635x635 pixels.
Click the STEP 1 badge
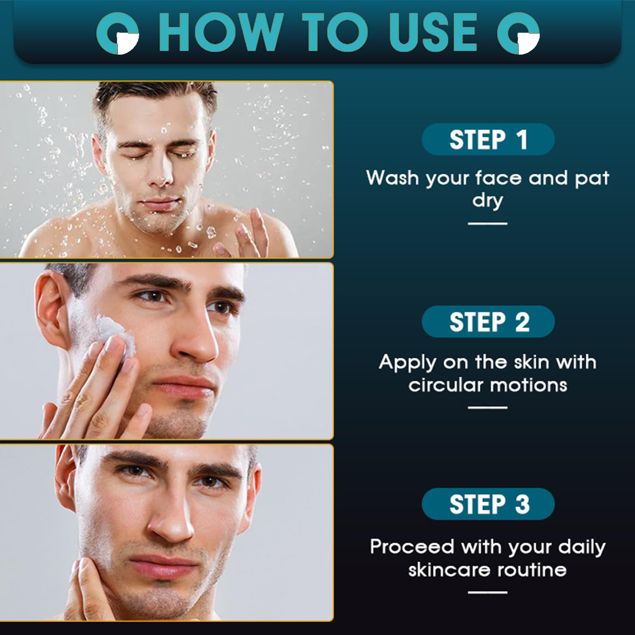(x=488, y=139)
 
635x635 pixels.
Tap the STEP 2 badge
(x=488, y=321)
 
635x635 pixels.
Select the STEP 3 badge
(x=488, y=504)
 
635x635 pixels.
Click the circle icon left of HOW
(x=118, y=33)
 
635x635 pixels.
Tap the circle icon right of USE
(x=519, y=33)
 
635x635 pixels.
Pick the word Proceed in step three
(x=412, y=547)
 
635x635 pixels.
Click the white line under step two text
(x=488, y=407)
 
